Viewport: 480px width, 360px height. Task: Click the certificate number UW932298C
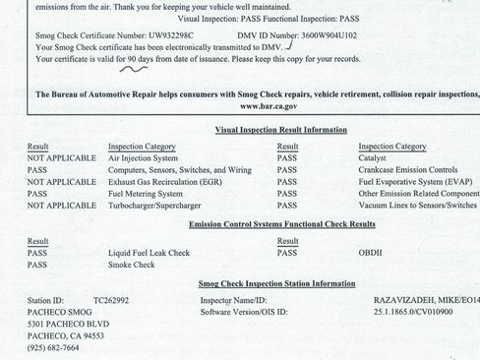tap(168, 35)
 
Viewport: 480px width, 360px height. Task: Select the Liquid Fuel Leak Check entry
tap(150, 253)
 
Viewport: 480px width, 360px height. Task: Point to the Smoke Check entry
tap(132, 266)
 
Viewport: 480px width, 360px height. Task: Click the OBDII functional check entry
tap(370, 253)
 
